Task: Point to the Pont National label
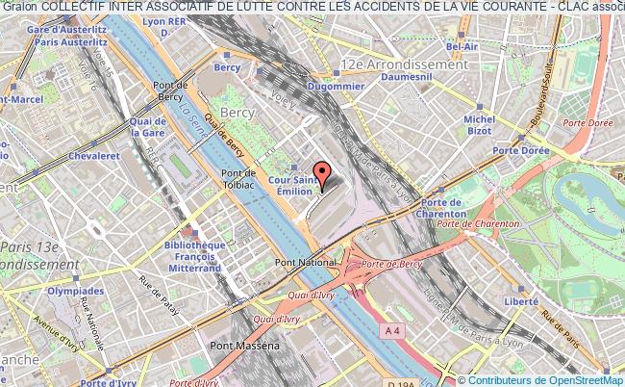coord(299,262)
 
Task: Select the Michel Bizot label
coord(479,125)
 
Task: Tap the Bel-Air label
coord(462,45)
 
